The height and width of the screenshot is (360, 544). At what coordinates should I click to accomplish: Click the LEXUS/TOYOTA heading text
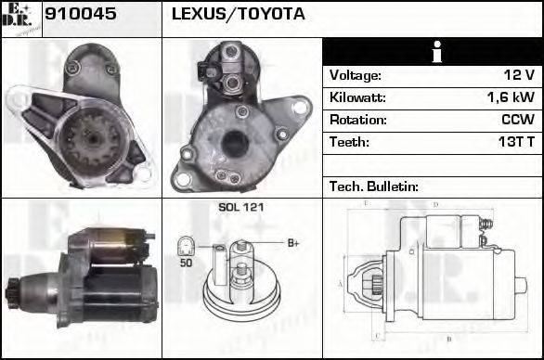pos(238,16)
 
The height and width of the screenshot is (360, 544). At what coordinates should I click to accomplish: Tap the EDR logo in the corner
pos(20,18)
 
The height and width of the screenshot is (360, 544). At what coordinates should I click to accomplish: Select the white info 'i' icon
pos(433,52)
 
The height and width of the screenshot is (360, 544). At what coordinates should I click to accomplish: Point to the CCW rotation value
pos(516,120)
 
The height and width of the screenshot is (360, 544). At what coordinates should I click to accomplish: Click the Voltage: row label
pos(355,75)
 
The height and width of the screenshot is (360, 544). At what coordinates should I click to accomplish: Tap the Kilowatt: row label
pos(357,97)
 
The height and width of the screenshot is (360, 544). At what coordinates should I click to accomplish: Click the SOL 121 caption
pos(240,207)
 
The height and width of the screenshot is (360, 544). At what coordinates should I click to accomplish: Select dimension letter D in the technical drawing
pos(436,203)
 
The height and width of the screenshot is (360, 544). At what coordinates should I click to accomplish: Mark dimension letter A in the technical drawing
pos(341,282)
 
